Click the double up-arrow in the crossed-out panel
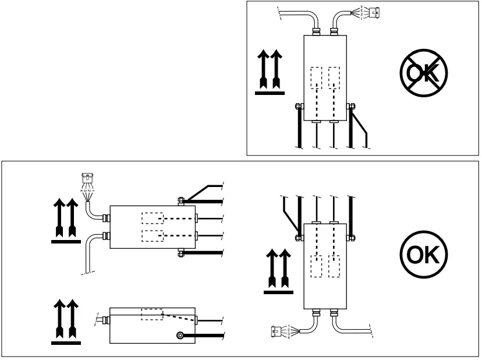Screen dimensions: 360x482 click(270, 72)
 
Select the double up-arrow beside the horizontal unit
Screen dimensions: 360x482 click(66, 220)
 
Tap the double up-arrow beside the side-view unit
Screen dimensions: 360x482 click(66, 320)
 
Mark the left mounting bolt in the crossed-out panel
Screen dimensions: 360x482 click(297, 107)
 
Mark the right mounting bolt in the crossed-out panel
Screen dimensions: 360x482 click(351, 107)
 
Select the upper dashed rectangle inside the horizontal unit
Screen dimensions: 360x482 click(153, 218)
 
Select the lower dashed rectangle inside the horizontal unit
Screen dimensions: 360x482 click(153, 236)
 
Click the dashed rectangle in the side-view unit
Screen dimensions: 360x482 click(153, 314)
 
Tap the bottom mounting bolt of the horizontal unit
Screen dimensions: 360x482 click(180, 253)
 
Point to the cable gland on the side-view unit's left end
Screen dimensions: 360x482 click(106, 320)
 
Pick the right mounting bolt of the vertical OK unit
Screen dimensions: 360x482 click(351, 237)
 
